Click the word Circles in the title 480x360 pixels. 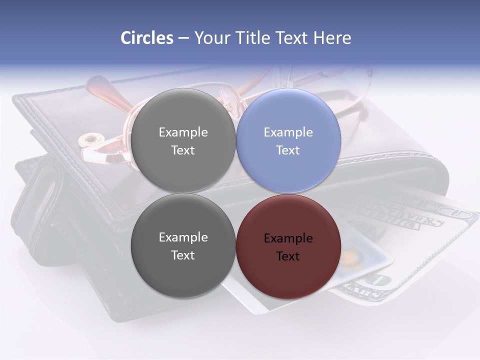click(146, 38)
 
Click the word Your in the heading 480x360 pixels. click(212, 38)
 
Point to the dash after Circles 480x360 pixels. click(183, 38)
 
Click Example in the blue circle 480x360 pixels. click(288, 132)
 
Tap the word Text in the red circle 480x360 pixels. click(288, 256)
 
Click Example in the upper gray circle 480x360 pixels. click(183, 132)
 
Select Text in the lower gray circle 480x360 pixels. click(183, 255)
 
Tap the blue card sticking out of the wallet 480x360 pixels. click(365, 255)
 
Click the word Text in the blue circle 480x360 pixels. click(288, 150)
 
